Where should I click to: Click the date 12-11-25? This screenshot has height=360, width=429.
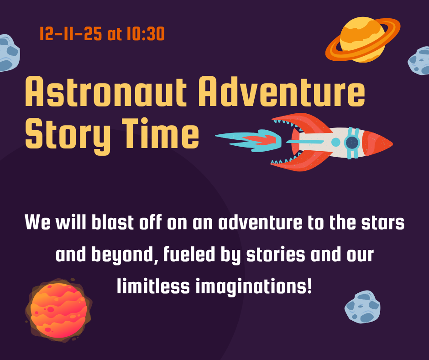[x=71, y=34]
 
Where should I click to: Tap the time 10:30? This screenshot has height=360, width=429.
[x=146, y=34]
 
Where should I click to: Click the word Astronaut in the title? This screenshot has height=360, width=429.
[x=106, y=91]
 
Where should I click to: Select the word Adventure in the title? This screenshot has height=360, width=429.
[x=282, y=91]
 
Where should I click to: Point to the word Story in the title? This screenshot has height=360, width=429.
[x=68, y=136]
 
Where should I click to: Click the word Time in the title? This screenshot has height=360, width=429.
[x=160, y=133]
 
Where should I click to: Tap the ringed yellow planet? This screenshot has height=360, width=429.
[x=363, y=40]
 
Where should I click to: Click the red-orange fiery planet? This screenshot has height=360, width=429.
[x=58, y=310]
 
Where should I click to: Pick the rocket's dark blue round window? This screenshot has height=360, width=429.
[x=352, y=143]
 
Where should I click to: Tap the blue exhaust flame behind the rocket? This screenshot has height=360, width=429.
[x=249, y=140]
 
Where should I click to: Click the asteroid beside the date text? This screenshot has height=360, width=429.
[x=9, y=53]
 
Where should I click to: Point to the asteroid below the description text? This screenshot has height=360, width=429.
[x=362, y=307]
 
